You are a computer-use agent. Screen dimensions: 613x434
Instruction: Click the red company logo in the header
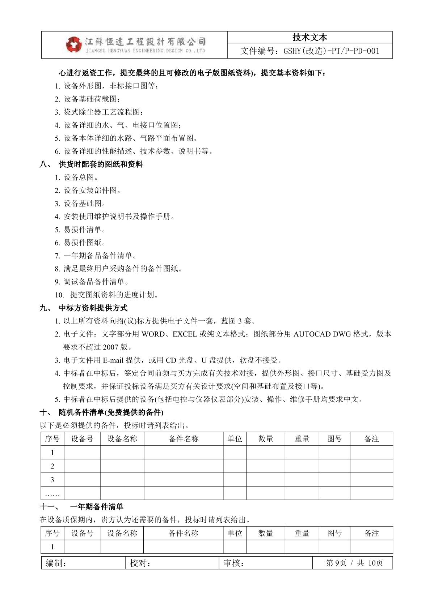click(74, 45)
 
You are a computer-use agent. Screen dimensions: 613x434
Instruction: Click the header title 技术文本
click(309, 37)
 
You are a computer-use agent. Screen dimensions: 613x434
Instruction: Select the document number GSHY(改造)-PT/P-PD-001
click(310, 51)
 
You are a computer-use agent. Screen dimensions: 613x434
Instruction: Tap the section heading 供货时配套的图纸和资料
click(101, 164)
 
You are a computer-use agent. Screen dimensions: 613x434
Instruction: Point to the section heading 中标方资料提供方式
click(93, 308)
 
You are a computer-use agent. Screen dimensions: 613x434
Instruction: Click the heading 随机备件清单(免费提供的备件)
click(111, 412)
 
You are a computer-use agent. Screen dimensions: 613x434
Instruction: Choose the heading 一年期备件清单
click(97, 507)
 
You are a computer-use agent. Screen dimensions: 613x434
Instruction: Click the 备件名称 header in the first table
click(184, 439)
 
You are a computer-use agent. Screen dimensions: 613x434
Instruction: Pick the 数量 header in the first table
click(265, 439)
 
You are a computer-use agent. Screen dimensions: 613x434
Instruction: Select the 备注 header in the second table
click(371, 533)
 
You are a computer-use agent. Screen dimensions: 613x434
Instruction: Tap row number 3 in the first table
click(52, 480)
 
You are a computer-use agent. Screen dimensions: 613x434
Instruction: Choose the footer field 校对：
click(140, 563)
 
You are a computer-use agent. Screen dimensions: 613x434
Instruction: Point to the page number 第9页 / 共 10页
click(354, 563)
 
